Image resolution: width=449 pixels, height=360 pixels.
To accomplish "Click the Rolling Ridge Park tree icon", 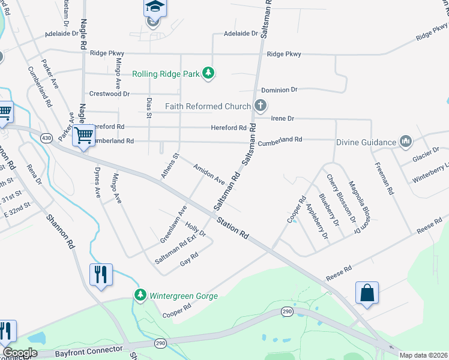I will (x=208, y=74).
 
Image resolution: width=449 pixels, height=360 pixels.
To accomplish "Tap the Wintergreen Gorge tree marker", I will (x=140, y=295).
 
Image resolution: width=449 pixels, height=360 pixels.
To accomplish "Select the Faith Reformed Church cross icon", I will (x=260, y=106).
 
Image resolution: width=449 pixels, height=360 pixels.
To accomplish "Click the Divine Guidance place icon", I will (x=406, y=142).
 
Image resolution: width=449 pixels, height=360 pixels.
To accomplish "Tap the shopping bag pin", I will (x=367, y=293).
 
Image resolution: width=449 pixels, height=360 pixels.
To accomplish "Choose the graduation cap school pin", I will (x=154, y=7).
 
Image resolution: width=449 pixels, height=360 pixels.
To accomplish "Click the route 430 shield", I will (x=46, y=138).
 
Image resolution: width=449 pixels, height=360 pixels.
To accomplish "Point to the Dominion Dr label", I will (x=279, y=89).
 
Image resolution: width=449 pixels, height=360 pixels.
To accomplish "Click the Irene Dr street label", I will (x=282, y=119).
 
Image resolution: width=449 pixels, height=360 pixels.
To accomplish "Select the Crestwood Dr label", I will (x=109, y=94).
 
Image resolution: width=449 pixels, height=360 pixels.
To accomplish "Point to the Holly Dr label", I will (x=196, y=229).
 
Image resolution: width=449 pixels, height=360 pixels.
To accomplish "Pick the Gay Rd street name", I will (x=189, y=259).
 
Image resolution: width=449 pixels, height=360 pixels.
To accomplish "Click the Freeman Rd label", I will (x=384, y=178).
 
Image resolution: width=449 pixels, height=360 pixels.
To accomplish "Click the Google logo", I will (x=20, y=353).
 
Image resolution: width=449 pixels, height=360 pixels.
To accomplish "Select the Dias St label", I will (x=149, y=107).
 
